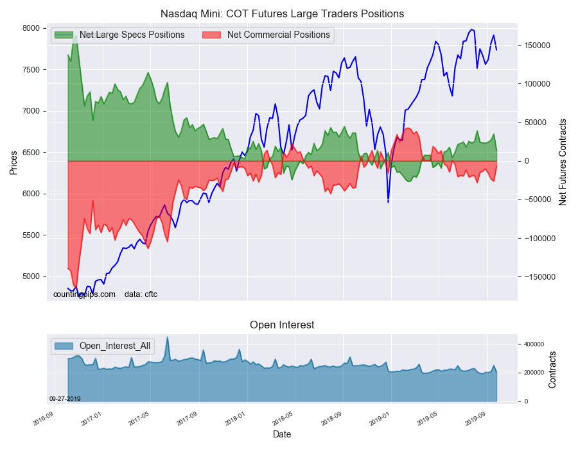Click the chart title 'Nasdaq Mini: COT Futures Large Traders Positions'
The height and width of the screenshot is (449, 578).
282,13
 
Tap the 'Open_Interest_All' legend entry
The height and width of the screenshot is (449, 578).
114,346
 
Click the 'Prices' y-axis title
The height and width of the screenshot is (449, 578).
13,164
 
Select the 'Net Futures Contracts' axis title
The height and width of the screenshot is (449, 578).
563,162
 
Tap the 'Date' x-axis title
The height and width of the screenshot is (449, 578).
281,434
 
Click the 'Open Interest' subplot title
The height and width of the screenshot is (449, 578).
282,325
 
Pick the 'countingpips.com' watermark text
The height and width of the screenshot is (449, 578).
84,294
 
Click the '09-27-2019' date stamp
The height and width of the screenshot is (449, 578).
65,398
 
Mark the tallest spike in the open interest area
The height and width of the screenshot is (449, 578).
168,338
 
